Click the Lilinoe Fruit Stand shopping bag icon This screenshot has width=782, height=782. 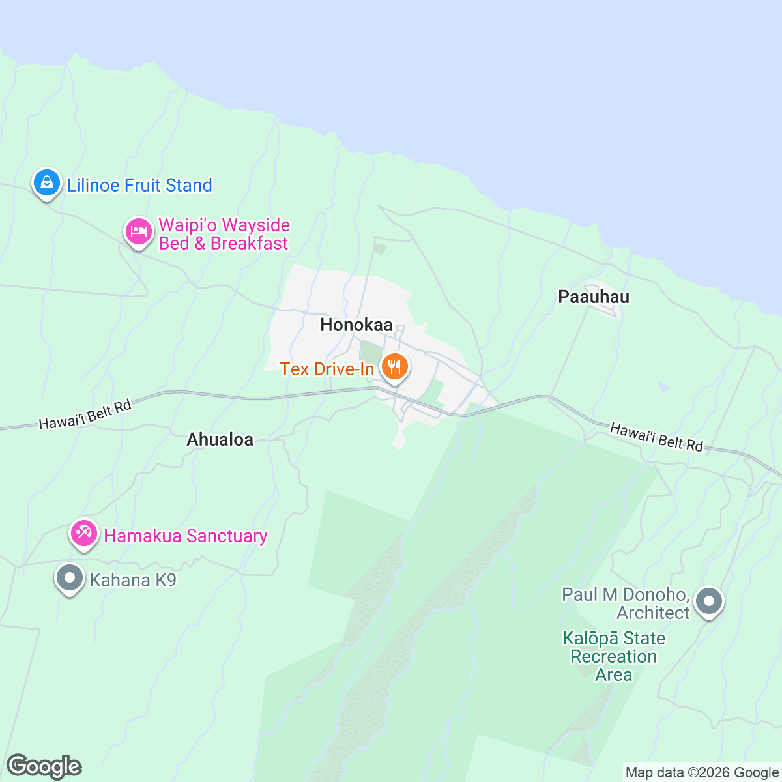click(x=47, y=183)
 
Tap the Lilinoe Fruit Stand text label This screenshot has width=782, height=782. click(x=139, y=186)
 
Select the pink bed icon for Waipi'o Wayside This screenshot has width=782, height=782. click(x=138, y=231)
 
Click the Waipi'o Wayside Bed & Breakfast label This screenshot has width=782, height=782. click(x=224, y=235)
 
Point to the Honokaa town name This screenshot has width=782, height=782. click(x=356, y=325)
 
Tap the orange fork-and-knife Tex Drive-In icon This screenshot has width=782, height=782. click(x=394, y=368)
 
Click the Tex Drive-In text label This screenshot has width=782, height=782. click(x=327, y=369)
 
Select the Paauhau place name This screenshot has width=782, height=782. click(x=594, y=297)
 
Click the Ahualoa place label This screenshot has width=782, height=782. click(x=220, y=440)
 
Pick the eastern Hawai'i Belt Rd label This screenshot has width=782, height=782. click(x=656, y=437)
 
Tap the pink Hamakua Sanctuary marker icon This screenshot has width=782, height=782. click(x=84, y=534)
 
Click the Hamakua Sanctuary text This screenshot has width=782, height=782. click(x=186, y=536)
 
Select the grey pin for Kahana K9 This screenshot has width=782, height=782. click(x=70, y=578)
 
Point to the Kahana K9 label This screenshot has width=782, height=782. click(x=133, y=580)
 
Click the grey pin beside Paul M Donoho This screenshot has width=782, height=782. click(x=709, y=601)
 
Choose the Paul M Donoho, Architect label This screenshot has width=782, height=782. click(x=626, y=603)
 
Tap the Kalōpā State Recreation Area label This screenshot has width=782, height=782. click(x=614, y=656)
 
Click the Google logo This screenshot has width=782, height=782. click(x=44, y=767)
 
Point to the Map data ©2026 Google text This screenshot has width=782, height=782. click(x=702, y=773)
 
